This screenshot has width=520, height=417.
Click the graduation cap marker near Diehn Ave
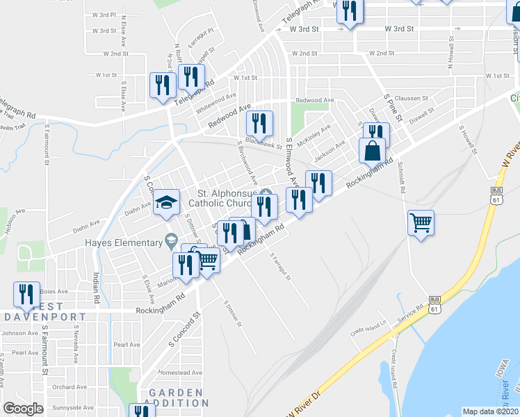point(166,202)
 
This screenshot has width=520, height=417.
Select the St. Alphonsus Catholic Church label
point(227,198)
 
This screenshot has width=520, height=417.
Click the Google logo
point(23,409)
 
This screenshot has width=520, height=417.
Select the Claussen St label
point(409,99)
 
